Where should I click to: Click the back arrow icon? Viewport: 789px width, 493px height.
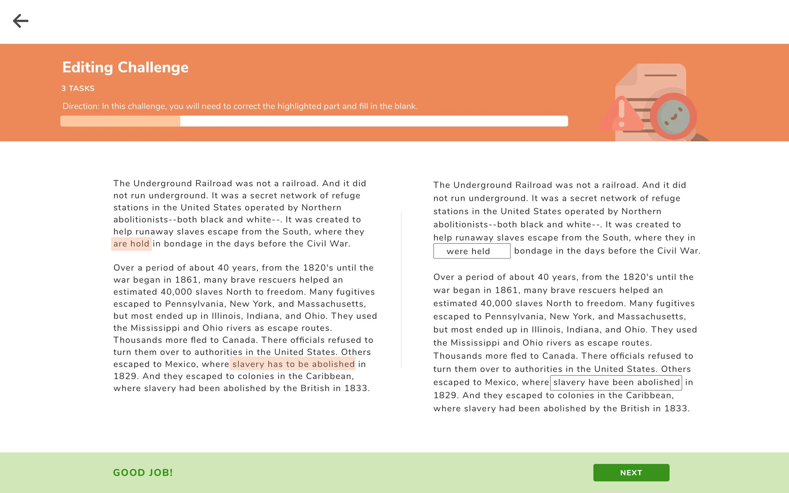point(21,21)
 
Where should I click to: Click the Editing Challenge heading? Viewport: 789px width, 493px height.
point(125,67)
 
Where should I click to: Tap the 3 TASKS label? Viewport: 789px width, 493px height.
point(78,88)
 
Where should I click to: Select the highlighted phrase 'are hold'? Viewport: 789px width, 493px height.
point(131,244)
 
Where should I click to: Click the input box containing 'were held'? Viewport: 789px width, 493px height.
point(471,251)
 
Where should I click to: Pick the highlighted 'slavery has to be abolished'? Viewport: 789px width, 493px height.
point(293,364)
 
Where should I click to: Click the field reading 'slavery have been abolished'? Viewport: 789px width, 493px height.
point(616,383)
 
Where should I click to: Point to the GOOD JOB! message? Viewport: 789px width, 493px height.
point(143,472)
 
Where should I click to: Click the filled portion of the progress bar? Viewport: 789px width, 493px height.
point(120,121)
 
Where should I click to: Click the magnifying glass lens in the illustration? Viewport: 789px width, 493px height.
point(673,117)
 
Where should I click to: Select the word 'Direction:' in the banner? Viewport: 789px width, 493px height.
point(80,106)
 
